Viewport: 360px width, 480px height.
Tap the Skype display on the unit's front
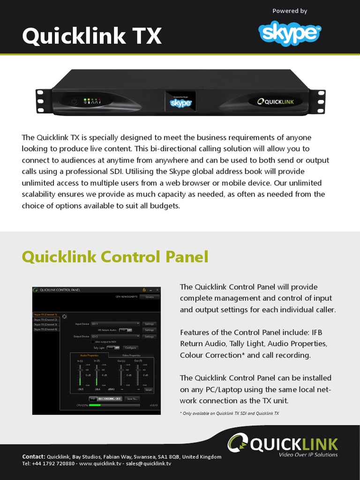pyautogui.click(x=180, y=101)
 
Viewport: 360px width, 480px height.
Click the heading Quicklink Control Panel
pyautogui.click(x=115, y=257)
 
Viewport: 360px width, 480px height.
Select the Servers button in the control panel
pyautogui.click(x=150, y=297)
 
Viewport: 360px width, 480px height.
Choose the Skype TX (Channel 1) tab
pyautogui.click(x=45, y=315)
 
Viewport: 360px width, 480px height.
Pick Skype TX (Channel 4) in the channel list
pyautogui.click(x=45, y=329)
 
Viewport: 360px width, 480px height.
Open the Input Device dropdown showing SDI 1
pyautogui.click(x=115, y=323)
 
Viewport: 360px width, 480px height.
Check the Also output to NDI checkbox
pyautogui.click(x=93, y=342)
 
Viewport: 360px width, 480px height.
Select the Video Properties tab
pyautogui.click(x=131, y=355)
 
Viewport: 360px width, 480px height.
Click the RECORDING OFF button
pyautogui.click(x=105, y=398)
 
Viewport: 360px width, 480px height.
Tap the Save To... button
pyautogui.click(x=132, y=398)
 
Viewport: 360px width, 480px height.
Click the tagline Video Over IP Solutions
pyautogui.click(x=308, y=455)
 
